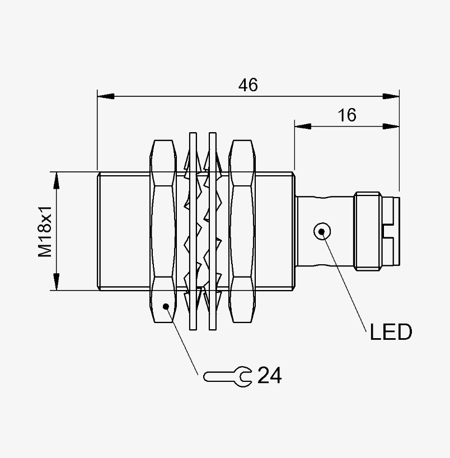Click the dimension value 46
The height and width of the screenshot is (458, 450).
click(x=248, y=85)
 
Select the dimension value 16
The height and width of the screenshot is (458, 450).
click(x=347, y=115)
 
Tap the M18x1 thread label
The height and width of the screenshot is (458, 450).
click(x=45, y=231)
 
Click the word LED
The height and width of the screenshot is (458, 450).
click(x=391, y=332)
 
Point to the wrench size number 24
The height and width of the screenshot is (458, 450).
click(x=270, y=375)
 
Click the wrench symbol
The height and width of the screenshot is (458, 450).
click(x=227, y=377)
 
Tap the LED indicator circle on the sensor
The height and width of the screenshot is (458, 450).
click(x=322, y=231)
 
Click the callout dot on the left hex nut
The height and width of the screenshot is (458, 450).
click(x=166, y=306)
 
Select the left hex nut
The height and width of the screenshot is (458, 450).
click(x=163, y=231)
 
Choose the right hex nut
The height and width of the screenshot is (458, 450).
click(x=242, y=231)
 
